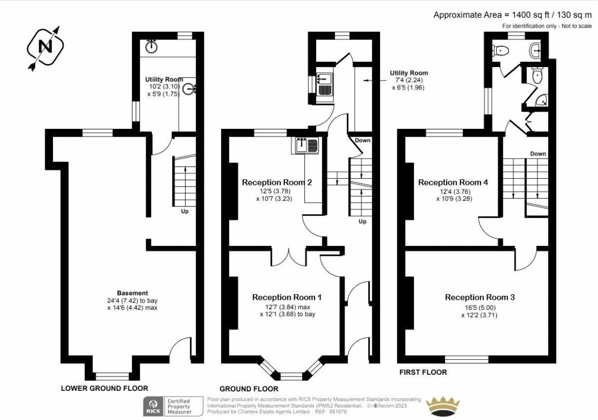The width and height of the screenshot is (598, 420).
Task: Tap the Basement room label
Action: pos(132,293)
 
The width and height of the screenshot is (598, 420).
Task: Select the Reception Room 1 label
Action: pos(287,297)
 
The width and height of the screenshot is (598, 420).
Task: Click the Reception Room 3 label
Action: pos(479,297)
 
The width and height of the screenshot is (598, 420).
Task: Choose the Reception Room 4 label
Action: pos(453,182)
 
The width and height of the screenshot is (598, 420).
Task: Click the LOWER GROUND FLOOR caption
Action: pos(105,388)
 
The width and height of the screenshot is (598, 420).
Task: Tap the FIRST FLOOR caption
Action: pos(423,372)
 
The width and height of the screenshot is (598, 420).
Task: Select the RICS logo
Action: pos(153,406)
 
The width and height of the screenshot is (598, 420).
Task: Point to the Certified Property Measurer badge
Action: pos(178,406)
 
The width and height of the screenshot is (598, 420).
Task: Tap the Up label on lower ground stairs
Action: pos(185,212)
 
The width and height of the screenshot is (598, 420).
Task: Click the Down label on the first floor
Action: pos(538,154)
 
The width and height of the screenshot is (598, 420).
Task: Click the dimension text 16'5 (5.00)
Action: pos(479,307)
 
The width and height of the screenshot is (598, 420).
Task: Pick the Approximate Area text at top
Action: pos(513,15)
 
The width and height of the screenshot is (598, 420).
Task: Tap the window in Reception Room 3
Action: pos(467,359)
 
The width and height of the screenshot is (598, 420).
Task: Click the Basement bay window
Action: pos(112,376)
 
